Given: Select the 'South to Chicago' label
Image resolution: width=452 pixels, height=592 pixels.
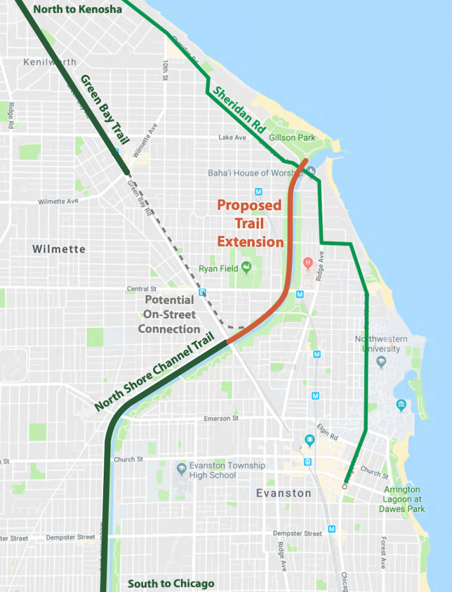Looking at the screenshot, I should pyautogui.click(x=170, y=583).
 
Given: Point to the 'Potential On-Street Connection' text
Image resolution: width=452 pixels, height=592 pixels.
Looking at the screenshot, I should pyautogui.click(x=169, y=315).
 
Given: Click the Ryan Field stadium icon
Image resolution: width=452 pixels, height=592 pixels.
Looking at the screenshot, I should pyautogui.click(x=245, y=267).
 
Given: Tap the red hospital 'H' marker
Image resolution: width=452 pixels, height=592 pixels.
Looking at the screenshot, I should pyautogui.click(x=308, y=262).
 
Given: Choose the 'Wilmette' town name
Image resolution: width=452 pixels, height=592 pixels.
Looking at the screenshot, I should pyautogui.click(x=59, y=249).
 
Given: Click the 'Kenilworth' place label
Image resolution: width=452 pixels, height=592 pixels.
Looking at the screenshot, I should pyautogui.click(x=49, y=63).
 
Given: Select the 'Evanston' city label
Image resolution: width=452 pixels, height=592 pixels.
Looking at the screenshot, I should pyautogui.click(x=283, y=493).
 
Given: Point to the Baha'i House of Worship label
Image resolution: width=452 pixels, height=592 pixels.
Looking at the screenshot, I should pyautogui.click(x=256, y=173).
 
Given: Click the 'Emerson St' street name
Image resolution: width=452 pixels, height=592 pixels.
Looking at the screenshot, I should pyautogui.click(x=221, y=419).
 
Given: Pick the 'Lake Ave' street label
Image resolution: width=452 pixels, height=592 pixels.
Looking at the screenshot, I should pyautogui.click(x=232, y=138).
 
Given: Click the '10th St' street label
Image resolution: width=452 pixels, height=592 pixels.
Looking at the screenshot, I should pyautogui.click(x=166, y=70).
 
